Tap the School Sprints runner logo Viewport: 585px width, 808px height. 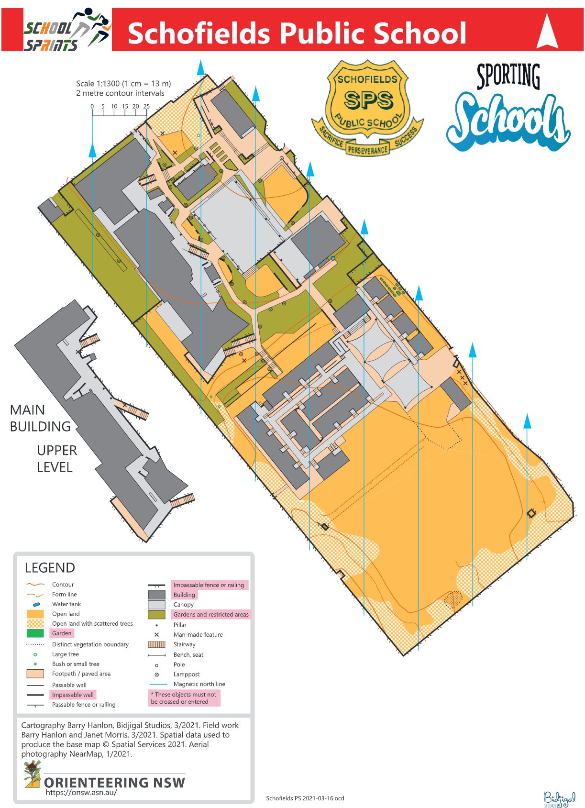(x=67, y=30)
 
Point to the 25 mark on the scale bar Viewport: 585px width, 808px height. (x=146, y=107)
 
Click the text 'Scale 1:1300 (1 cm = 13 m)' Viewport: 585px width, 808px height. (x=123, y=84)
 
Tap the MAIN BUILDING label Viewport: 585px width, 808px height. (x=40, y=418)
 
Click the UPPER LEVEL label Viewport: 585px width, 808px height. (x=56, y=459)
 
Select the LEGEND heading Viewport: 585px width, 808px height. (x=50, y=568)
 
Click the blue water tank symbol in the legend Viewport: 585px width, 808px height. (x=36, y=605)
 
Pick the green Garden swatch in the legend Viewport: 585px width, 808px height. (x=35, y=633)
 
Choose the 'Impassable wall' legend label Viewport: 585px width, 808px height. (x=73, y=695)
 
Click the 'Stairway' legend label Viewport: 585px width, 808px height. (x=184, y=644)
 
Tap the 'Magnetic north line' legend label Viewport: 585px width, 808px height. (x=199, y=684)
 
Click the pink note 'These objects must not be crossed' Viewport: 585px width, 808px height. (x=184, y=698)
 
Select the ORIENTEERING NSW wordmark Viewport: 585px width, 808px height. (x=114, y=783)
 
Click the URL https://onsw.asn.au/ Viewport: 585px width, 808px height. (x=81, y=792)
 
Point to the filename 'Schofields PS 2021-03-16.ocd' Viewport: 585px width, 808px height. (x=305, y=798)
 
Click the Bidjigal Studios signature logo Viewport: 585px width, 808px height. (x=559, y=798)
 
